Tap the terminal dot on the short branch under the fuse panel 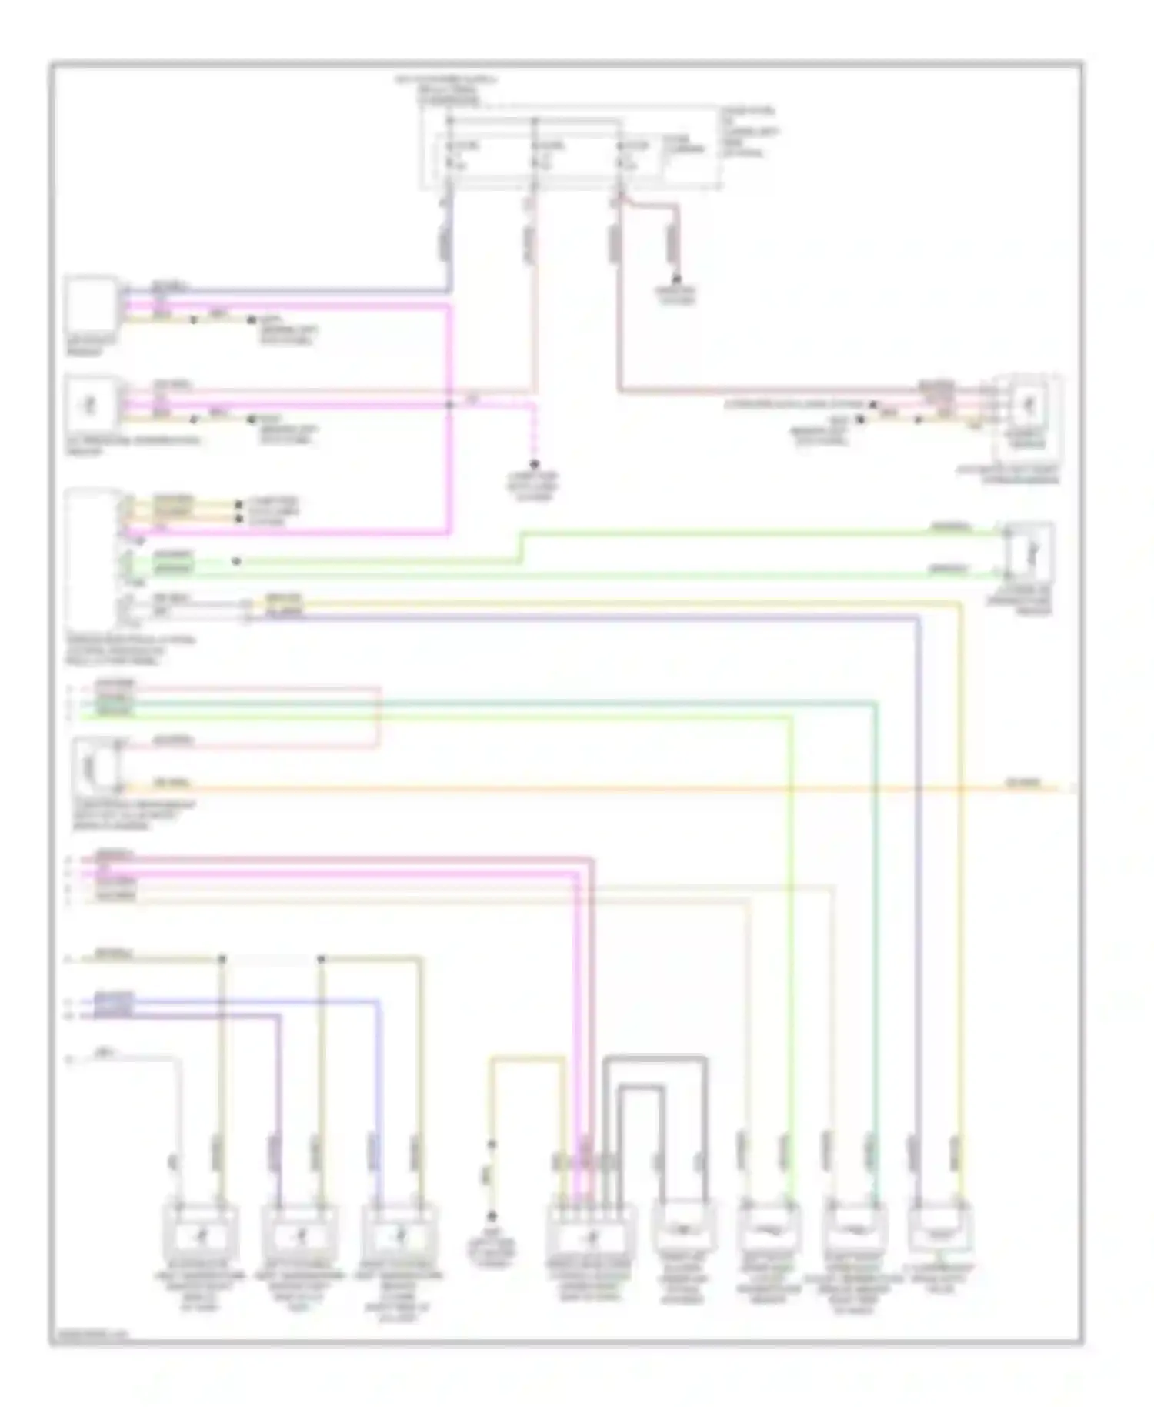click(678, 278)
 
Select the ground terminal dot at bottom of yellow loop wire click(491, 1217)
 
